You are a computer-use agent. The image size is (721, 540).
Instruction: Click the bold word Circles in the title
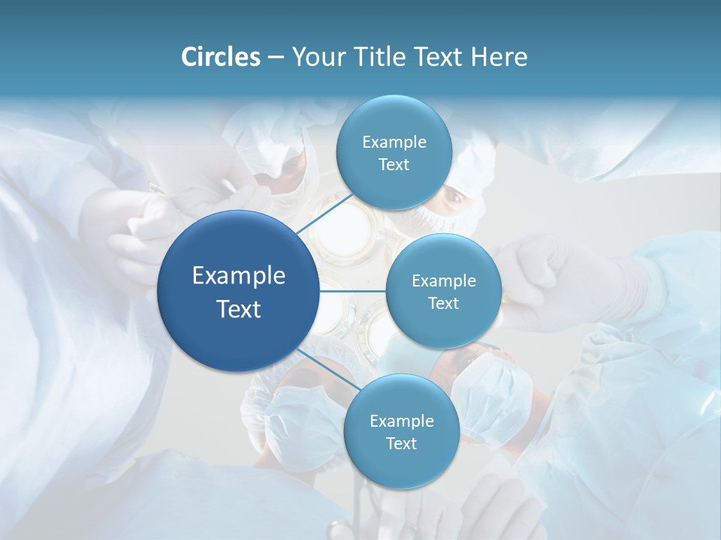220,57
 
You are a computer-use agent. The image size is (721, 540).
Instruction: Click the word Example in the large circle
238,276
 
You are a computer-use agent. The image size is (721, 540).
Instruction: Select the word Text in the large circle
238,309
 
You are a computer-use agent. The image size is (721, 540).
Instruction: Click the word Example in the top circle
394,142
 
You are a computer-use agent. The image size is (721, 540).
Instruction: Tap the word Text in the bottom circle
401,443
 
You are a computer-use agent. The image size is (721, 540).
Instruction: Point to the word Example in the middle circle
443,280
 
